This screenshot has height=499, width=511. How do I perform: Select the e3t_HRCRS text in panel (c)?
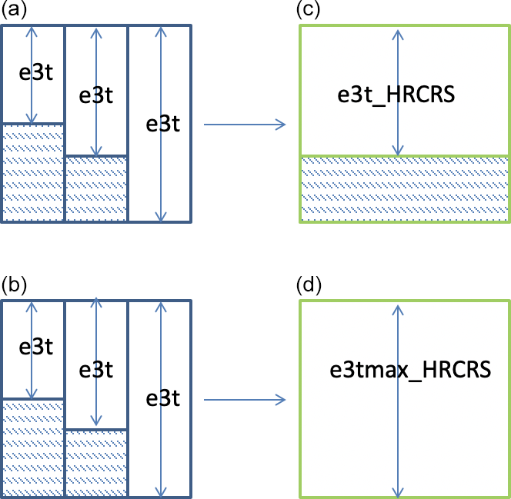pyautogui.click(x=397, y=96)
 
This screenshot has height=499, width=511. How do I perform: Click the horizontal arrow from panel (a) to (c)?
pyautogui.click(x=243, y=125)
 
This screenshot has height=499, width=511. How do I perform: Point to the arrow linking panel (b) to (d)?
pyautogui.click(x=243, y=400)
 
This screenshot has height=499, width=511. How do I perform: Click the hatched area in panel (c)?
pyautogui.click(x=404, y=189)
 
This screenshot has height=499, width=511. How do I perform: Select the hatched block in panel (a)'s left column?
pyautogui.click(x=32, y=173)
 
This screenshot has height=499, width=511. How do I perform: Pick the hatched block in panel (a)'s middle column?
pyautogui.click(x=95, y=189)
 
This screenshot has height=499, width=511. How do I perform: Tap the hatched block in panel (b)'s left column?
pyautogui.click(x=32, y=448)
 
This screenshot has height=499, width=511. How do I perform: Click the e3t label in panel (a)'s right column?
pyautogui.click(x=163, y=124)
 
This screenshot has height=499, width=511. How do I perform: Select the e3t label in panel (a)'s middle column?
pyautogui.click(x=96, y=95)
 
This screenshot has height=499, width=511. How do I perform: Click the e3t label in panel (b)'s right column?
pyautogui.click(x=163, y=399)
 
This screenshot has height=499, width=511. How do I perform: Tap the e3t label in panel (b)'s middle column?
pyautogui.click(x=96, y=370)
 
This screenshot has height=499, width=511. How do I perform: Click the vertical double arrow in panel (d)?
pyautogui.click(x=397, y=431)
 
